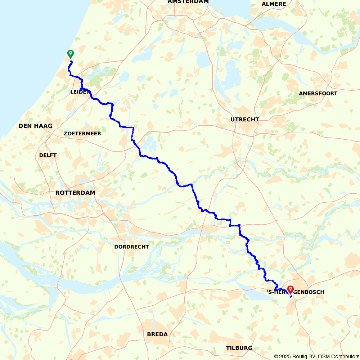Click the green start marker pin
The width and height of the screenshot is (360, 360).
point(71,54)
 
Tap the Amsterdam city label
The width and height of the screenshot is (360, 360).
point(188,2)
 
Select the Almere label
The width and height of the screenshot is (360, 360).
point(274,4)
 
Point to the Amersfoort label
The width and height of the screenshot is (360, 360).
point(318,94)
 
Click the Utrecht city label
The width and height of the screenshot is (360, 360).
point(245,120)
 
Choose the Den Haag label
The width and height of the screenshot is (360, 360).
point(36,126)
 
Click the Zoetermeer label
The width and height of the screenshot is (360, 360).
point(82,134)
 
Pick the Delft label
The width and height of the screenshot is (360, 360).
point(48,155)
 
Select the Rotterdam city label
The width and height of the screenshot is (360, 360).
point(75,193)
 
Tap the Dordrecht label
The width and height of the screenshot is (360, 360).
point(131,247)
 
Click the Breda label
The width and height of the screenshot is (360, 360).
point(157,334)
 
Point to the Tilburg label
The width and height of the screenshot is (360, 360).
point(239,348)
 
